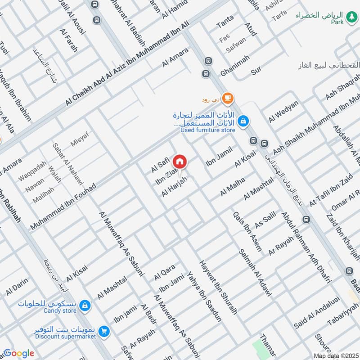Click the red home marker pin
click(x=180, y=161)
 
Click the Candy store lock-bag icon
click(x=85, y=306)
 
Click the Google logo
click(x=18, y=353)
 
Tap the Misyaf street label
click(x=80, y=139)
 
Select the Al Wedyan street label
click(x=283, y=112)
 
